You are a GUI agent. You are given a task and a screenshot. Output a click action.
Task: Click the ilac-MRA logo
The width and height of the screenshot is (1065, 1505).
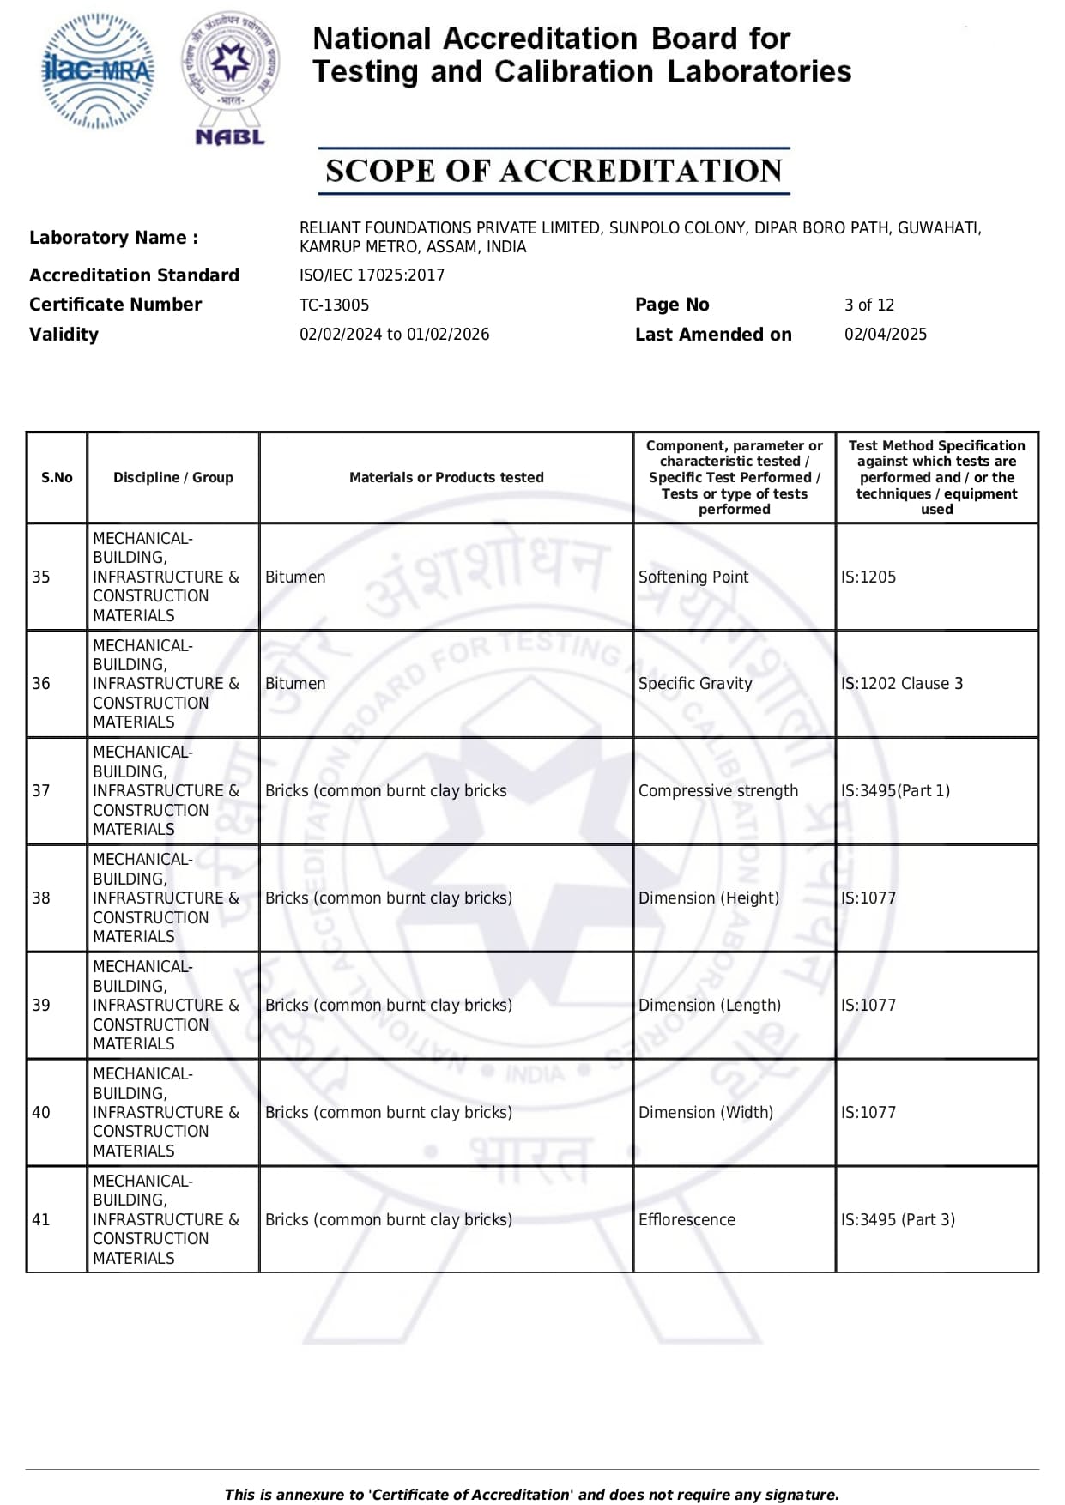99,70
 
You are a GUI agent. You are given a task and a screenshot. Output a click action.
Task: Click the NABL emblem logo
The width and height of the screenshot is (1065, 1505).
230,77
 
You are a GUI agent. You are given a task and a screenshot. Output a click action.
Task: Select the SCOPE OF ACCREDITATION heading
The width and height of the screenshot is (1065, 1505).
554,171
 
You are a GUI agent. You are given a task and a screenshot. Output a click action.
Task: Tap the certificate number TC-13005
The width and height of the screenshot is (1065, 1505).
334,305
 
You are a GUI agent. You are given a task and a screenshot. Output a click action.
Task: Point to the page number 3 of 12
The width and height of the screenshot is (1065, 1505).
868,305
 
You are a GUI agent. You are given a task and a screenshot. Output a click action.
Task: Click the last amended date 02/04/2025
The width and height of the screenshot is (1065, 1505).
885,335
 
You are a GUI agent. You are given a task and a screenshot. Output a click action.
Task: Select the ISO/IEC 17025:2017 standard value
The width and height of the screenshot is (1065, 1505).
372,275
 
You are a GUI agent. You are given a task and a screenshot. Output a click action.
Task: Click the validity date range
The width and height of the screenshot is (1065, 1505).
394,335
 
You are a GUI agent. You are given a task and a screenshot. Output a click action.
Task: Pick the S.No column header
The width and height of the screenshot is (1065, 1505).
57,477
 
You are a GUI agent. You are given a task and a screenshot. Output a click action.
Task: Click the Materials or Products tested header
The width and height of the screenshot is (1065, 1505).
446,477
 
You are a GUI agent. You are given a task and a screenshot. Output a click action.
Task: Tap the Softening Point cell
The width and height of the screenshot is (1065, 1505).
693,577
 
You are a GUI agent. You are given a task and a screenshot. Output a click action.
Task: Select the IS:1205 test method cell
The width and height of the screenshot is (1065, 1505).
868,577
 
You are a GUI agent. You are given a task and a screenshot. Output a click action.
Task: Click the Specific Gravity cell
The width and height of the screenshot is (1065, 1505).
694,684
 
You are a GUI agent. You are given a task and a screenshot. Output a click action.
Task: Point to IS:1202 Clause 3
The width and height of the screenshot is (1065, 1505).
901,684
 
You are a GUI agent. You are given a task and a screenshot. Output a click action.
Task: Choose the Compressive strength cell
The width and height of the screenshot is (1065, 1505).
717,791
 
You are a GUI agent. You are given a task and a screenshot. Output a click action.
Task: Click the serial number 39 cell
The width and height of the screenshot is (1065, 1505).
41,1005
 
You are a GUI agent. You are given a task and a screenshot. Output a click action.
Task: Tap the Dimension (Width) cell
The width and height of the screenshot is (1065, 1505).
705,1112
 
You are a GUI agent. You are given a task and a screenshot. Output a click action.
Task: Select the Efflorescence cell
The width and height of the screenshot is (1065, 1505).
687,1219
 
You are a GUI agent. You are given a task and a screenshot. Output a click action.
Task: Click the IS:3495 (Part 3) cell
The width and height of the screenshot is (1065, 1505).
897,1219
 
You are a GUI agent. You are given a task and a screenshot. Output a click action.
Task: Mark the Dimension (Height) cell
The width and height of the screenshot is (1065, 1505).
708,898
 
